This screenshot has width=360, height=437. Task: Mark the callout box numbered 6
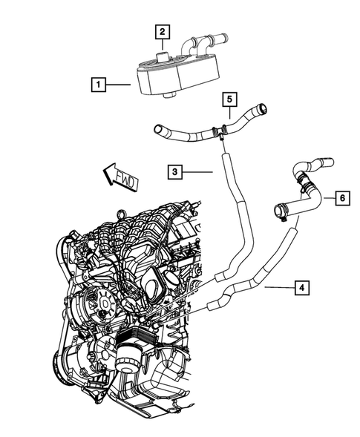pos(341,198)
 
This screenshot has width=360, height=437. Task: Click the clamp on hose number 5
pos(220,133)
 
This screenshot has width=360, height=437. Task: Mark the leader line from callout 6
pos(324,198)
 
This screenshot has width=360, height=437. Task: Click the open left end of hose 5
pos(158,131)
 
